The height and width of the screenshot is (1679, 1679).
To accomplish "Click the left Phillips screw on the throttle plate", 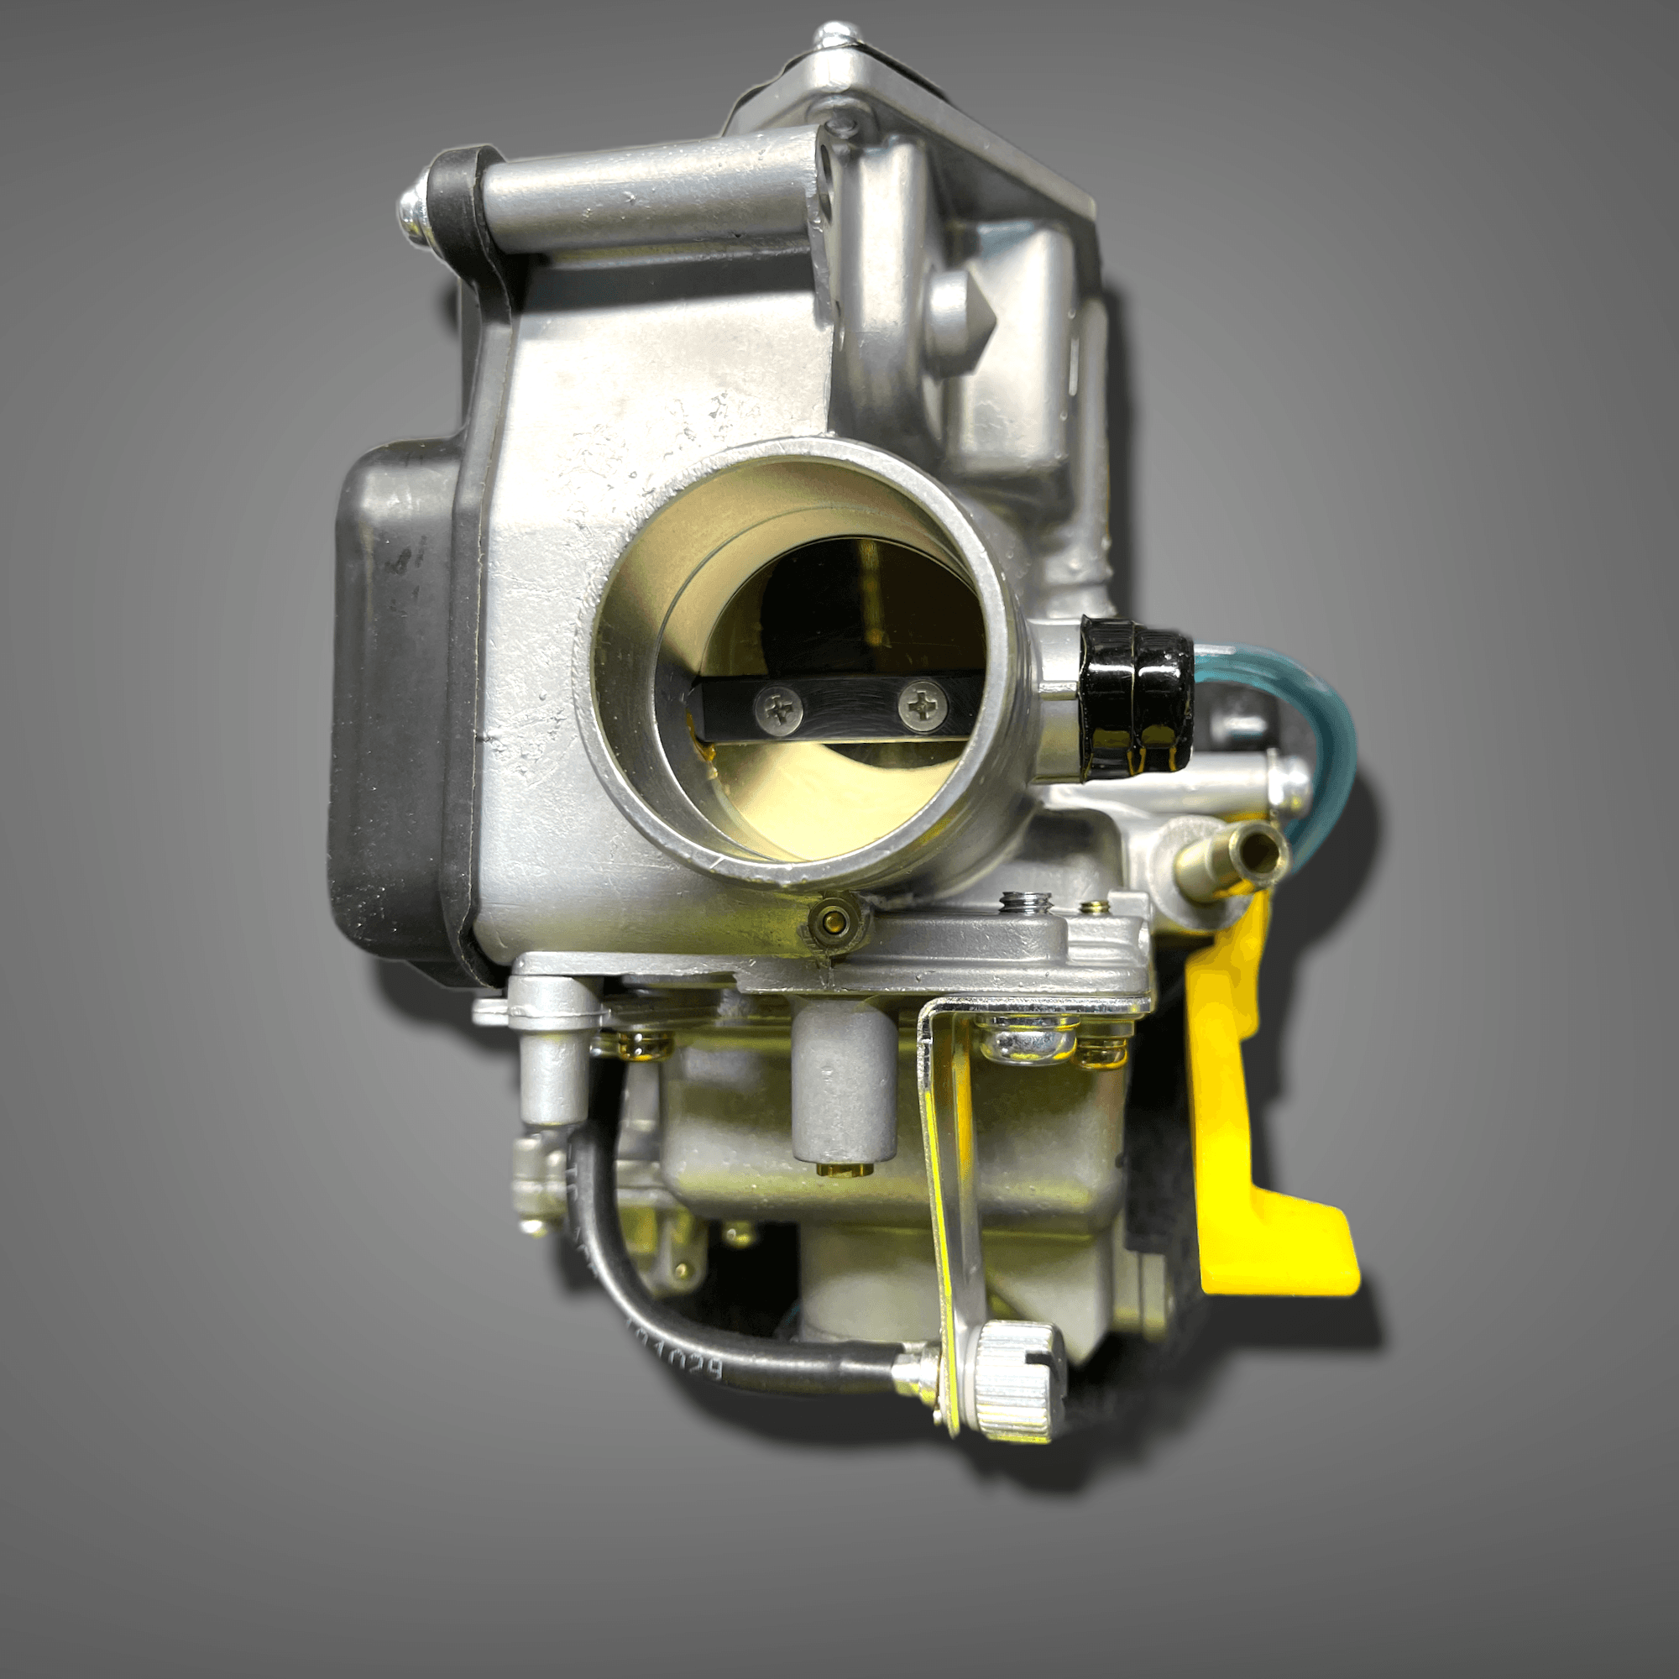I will (780, 709).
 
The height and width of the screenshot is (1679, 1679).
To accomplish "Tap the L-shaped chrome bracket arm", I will (952, 1200).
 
